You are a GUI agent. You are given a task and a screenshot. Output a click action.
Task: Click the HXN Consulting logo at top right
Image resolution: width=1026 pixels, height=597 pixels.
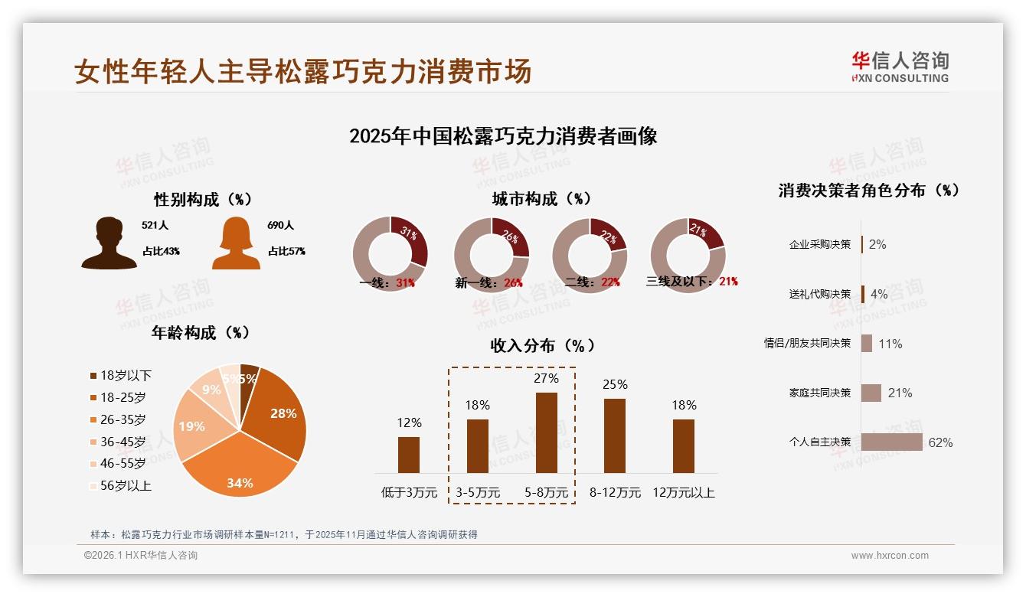[900, 67]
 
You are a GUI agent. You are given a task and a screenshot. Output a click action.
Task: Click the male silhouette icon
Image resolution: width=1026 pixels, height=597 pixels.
[109, 243]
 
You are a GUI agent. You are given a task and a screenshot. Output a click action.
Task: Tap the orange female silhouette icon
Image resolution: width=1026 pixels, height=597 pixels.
[236, 243]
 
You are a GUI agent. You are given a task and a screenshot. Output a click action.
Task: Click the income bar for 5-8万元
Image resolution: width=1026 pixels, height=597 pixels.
[546, 432]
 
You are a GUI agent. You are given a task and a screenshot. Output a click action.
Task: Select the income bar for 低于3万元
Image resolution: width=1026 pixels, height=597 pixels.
[409, 455]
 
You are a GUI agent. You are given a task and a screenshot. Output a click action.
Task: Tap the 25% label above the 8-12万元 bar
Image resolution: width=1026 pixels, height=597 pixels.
[615, 384]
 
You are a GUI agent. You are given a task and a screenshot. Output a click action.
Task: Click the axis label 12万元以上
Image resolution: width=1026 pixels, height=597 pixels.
[684, 492]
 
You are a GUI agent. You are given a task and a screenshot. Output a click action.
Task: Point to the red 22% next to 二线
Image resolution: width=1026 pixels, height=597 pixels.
[610, 282]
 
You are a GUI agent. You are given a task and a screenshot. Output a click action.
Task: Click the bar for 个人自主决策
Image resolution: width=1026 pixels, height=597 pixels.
[891, 442]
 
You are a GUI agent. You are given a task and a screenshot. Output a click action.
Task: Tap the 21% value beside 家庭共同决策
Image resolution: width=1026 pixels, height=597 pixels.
[900, 393]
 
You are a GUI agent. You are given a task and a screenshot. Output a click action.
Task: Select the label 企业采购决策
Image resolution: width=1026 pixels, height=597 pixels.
[820, 244]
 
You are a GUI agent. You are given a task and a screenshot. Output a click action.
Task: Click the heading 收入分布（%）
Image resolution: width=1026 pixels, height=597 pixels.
[542, 345]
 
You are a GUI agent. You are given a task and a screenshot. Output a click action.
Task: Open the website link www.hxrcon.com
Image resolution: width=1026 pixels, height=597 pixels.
[890, 556]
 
